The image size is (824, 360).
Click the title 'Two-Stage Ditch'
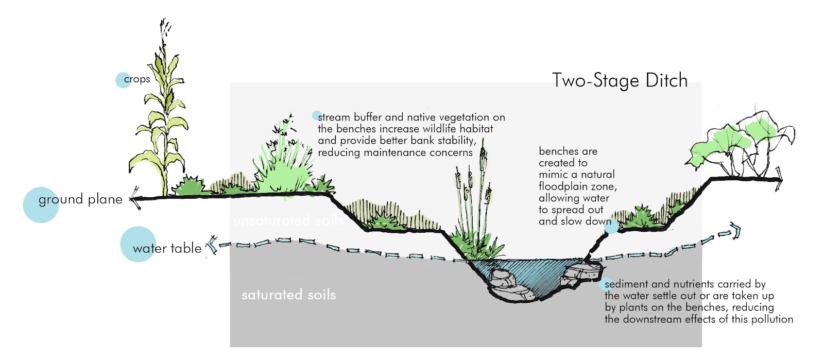(x=620, y=81)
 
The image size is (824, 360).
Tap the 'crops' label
(x=137, y=79)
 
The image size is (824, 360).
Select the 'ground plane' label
(x=80, y=199)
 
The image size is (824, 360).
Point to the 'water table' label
(x=167, y=248)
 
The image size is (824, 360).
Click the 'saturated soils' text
(x=288, y=295)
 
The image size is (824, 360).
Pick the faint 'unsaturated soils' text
(x=288, y=221)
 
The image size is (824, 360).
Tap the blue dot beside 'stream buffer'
(x=317, y=116)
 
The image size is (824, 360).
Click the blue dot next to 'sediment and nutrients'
(x=604, y=284)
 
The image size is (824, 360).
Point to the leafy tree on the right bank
(x=742, y=142)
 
